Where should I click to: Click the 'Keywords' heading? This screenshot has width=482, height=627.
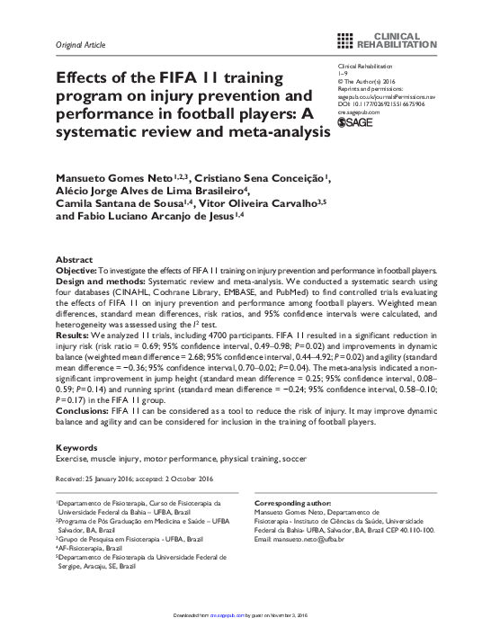click(x=76, y=447)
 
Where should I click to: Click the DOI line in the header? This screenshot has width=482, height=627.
click(x=382, y=103)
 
